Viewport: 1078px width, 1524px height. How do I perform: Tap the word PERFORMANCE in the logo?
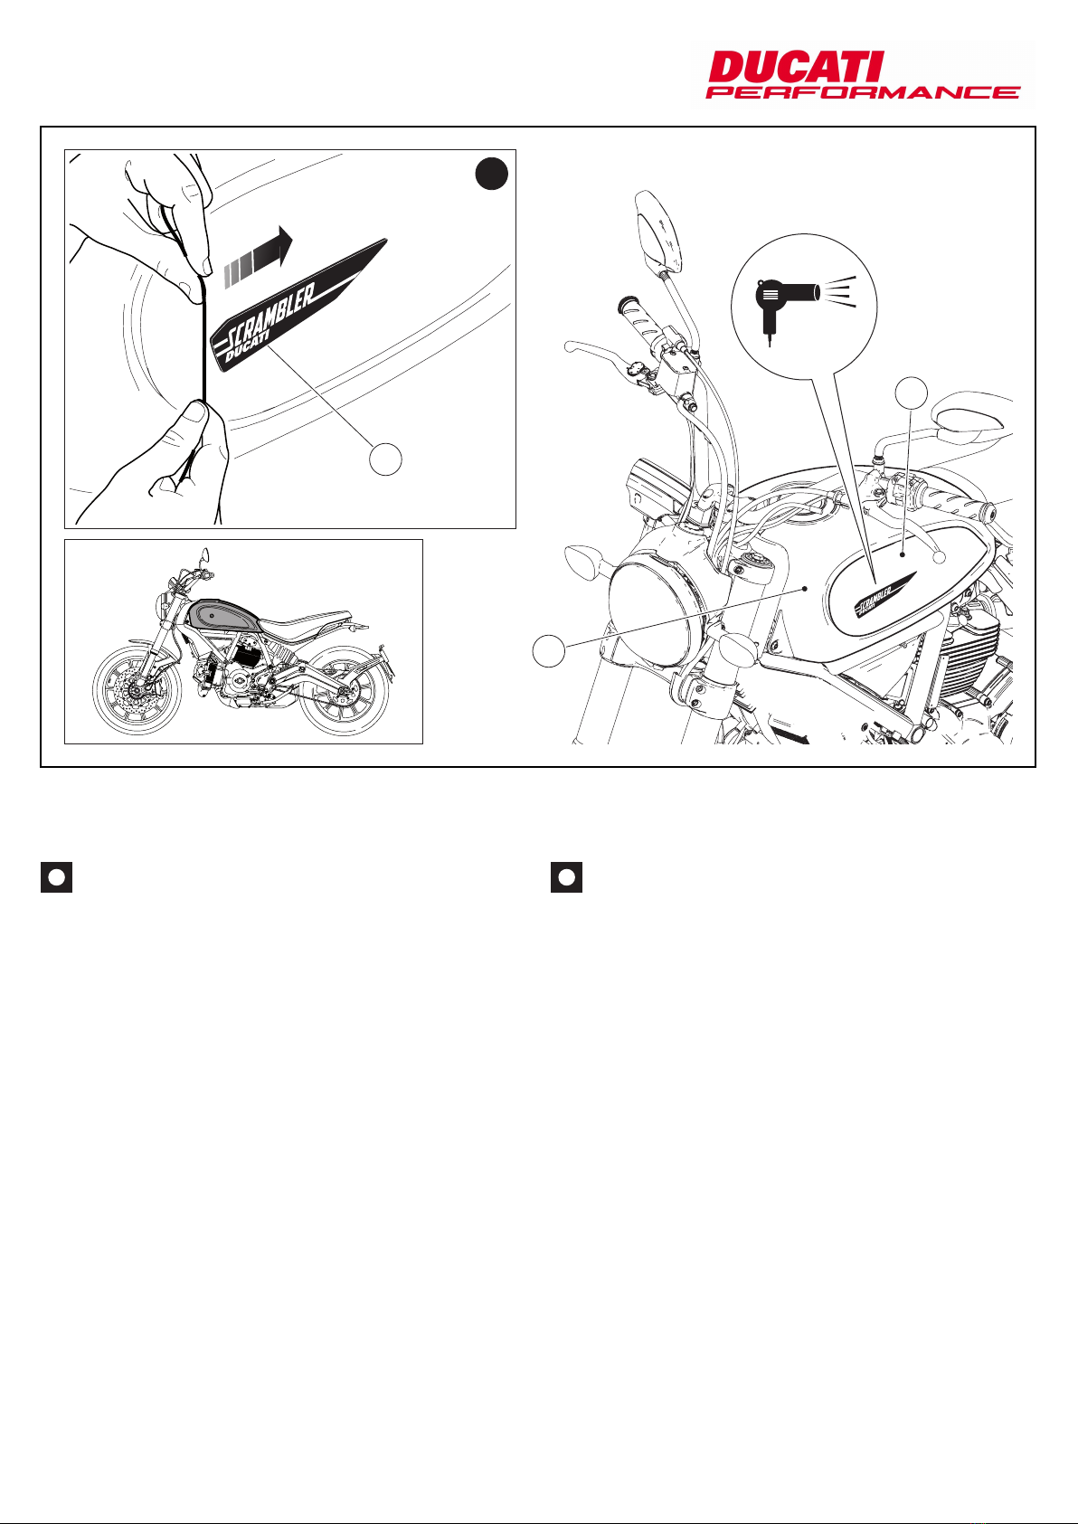pyautogui.click(x=863, y=92)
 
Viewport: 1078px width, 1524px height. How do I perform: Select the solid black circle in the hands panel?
pyautogui.click(x=493, y=175)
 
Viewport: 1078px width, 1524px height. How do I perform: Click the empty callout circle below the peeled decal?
pyautogui.click(x=385, y=459)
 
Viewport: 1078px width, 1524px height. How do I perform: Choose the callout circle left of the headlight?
pyautogui.click(x=549, y=650)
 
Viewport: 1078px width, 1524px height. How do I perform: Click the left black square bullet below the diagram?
pyautogui.click(x=56, y=877)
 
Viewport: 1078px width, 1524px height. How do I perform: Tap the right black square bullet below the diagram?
pyautogui.click(x=566, y=877)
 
